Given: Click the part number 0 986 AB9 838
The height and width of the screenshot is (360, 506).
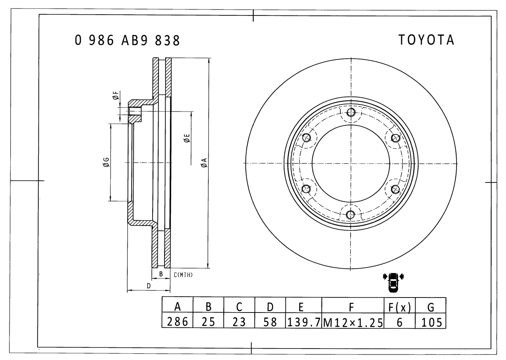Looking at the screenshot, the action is [127, 41].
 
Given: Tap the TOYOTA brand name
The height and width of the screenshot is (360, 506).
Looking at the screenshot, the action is [426, 40].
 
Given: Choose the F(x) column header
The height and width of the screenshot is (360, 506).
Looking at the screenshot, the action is [399, 307].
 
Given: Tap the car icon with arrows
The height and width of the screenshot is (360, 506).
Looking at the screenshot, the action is [393, 282].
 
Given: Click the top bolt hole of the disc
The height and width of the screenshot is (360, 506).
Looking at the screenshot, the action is [351, 112].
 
